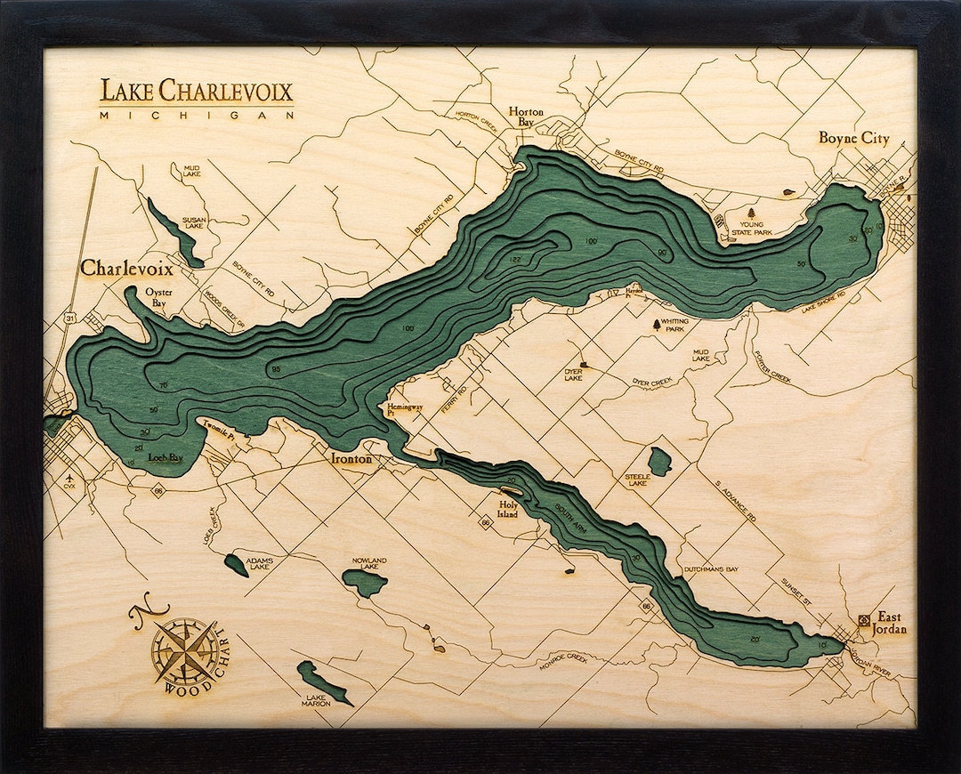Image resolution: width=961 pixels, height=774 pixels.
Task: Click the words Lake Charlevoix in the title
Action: point(196,92)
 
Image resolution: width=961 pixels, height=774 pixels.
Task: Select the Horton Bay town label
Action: point(526,117)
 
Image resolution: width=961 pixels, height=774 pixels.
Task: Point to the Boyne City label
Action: point(853,139)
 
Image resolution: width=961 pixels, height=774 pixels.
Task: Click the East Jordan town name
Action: point(889,623)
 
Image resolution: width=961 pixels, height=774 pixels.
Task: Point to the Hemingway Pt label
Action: point(402,410)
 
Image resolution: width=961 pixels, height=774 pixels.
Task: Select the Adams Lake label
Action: point(259,562)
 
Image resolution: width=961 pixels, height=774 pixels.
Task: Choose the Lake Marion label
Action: point(318,700)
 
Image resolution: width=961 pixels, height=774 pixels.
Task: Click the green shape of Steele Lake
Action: point(659,461)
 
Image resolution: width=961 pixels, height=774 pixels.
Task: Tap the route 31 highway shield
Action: point(69,318)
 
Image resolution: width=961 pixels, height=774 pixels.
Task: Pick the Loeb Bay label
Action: point(165,457)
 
